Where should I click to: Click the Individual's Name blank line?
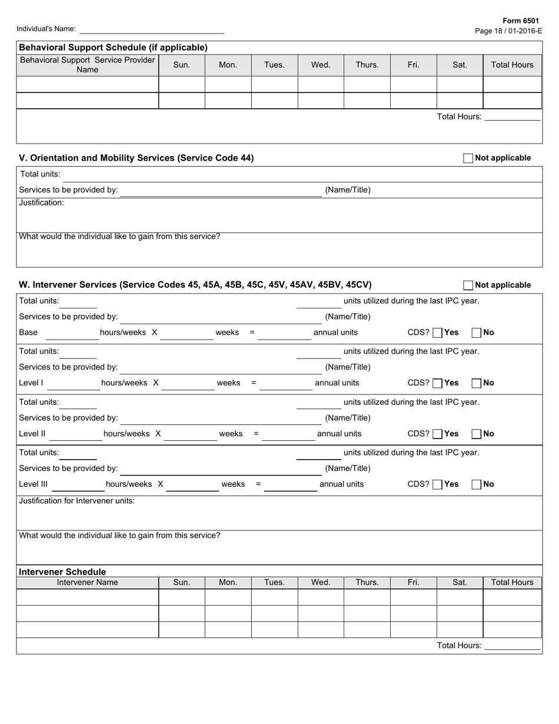pos(152,29)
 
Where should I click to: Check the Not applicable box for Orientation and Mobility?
pos(468,158)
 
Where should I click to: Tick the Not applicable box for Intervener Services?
pos(468,285)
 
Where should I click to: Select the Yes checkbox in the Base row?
pos(437,333)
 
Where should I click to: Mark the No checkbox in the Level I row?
pos(477,383)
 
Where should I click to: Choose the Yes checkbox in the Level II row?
pos(437,434)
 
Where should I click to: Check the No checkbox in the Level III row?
pos(477,484)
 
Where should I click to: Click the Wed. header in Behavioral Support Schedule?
pos(321,65)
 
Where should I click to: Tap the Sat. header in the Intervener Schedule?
pos(460,583)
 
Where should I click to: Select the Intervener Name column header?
pos(87,583)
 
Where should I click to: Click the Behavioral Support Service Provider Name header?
pos(87,65)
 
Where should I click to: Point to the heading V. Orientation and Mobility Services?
pos(137,158)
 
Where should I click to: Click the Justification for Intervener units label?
pos(77,501)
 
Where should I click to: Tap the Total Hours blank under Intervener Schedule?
pos(511,646)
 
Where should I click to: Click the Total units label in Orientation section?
pos(40,174)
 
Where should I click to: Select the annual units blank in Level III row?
pos(290,485)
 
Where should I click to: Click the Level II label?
pos(32,434)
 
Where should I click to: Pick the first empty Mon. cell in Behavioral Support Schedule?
pos(228,84)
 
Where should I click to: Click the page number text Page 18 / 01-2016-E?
pos(508,31)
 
